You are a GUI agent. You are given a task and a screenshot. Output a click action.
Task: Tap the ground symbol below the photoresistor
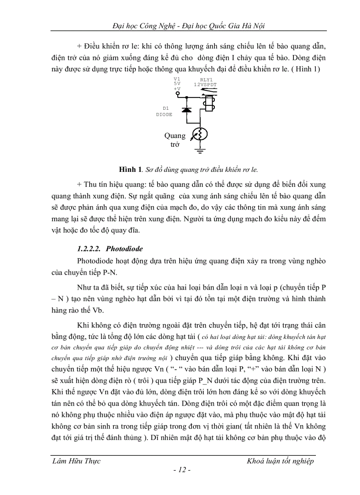point(201,152)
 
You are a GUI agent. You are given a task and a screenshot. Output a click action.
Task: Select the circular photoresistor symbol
point(201,134)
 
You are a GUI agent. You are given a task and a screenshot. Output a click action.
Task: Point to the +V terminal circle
point(178,93)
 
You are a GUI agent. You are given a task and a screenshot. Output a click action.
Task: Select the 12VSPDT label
point(206,84)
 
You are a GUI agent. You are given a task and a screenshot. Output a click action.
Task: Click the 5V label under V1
point(177,83)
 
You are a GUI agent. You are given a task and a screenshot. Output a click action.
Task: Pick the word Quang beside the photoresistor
point(175,136)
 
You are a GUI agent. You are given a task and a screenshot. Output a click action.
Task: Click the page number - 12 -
point(182,470)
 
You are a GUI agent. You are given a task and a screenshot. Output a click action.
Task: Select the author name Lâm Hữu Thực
point(76,461)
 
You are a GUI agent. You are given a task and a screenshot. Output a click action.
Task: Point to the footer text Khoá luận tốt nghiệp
point(281,461)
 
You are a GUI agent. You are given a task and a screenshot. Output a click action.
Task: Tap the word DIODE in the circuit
point(164,114)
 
